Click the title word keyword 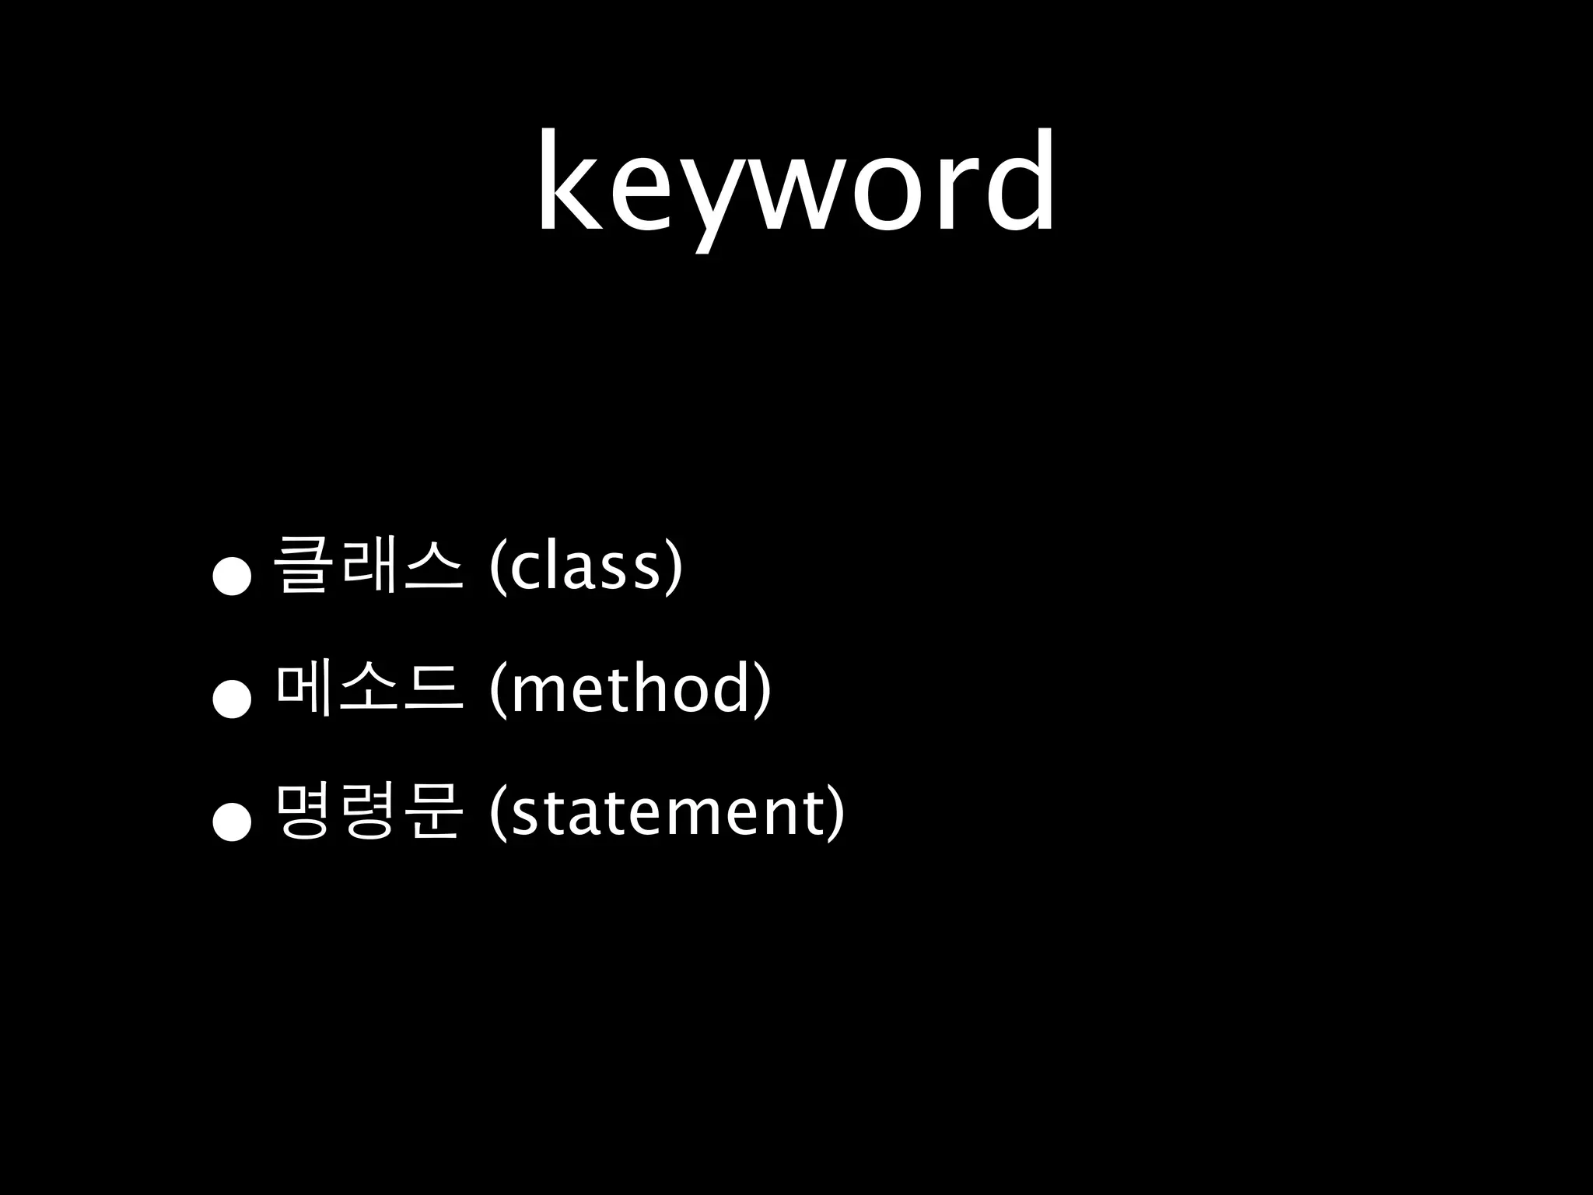click(x=795, y=183)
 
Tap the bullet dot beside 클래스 click(x=233, y=576)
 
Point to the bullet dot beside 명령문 click(x=233, y=822)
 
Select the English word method click(x=630, y=689)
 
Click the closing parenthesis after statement click(x=835, y=814)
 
